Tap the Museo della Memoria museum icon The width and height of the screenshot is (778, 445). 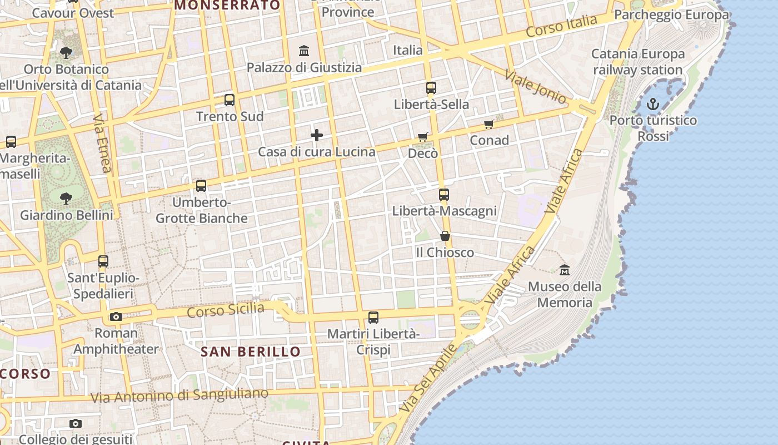[x=565, y=270]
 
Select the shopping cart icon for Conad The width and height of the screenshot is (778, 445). [x=489, y=125]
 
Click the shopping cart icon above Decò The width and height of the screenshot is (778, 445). [x=423, y=137]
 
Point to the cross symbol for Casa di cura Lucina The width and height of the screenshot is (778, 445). [x=317, y=135]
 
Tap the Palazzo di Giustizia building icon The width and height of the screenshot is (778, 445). [x=304, y=51]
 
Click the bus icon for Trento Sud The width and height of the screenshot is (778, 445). [x=230, y=100]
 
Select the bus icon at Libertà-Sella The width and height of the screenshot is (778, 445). [x=431, y=88]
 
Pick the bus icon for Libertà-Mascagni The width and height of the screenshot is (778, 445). [x=444, y=195]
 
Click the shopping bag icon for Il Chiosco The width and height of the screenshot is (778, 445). [x=445, y=236]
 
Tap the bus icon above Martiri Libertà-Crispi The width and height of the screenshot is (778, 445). [x=373, y=318]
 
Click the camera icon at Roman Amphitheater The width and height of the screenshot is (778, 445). [x=116, y=317]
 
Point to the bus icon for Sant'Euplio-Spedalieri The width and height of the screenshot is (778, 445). [x=103, y=261]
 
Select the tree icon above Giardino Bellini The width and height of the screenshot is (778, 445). [x=66, y=198]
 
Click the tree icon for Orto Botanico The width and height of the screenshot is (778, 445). [x=66, y=53]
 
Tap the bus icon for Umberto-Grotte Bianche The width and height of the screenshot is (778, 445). [x=201, y=186]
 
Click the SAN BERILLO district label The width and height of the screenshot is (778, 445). [x=250, y=352]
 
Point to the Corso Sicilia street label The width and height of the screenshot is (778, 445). [x=225, y=310]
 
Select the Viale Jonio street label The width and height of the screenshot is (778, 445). [x=535, y=87]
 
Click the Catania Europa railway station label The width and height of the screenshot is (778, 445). [x=638, y=62]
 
